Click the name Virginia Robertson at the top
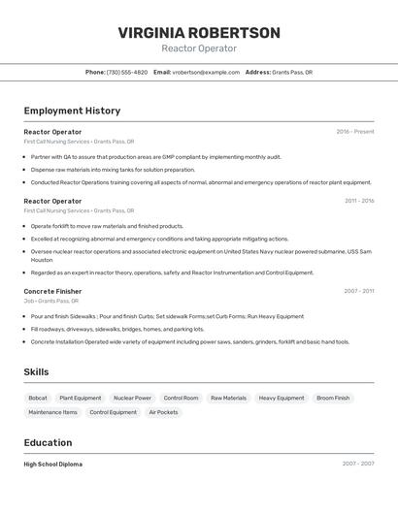point(199,32)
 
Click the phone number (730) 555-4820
point(127,72)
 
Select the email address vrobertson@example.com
point(206,72)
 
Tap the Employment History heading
point(72,111)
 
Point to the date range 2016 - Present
point(355,132)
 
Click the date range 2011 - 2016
point(359,201)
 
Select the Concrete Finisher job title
point(52,291)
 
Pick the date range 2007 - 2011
point(359,291)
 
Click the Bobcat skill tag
point(38,398)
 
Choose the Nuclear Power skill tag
point(132,398)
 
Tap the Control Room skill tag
point(181,398)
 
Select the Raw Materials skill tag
point(228,398)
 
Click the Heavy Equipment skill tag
point(282,398)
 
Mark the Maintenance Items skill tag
point(52,412)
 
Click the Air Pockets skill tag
point(163,412)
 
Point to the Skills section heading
point(36,371)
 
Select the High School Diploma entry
point(53,464)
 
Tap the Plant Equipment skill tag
point(80,398)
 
